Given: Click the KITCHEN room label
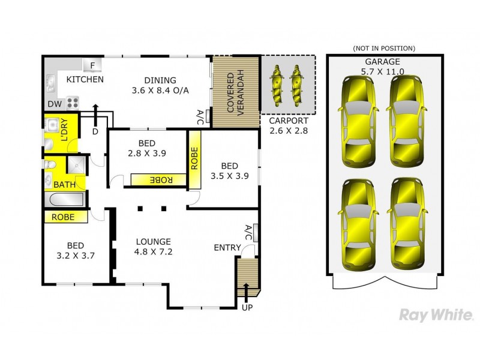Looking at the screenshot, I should pyautogui.click(x=85, y=79).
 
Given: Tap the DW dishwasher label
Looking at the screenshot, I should pyautogui.click(x=54, y=104).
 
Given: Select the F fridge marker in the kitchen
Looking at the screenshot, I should pyautogui.click(x=93, y=65).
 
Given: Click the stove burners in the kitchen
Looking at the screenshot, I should pyautogui.click(x=72, y=103).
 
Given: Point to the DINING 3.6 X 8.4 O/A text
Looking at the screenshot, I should pyautogui.click(x=160, y=85).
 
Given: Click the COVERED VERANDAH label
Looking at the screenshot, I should pyautogui.click(x=235, y=91).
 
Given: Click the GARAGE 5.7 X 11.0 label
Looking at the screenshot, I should pyautogui.click(x=382, y=66).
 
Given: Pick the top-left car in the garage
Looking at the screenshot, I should pyautogui.click(x=358, y=121).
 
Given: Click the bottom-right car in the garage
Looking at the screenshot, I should pyautogui.click(x=406, y=224).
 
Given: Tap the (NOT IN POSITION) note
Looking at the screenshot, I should pyautogui.click(x=383, y=48).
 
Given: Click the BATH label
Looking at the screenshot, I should pyautogui.click(x=64, y=184).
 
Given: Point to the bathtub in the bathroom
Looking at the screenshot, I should pyautogui.click(x=65, y=200).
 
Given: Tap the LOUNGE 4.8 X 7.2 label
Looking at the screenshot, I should pyautogui.click(x=153, y=247).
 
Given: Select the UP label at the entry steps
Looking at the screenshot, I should pyautogui.click(x=247, y=308).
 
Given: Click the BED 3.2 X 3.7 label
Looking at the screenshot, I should pyautogui.click(x=75, y=250).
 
